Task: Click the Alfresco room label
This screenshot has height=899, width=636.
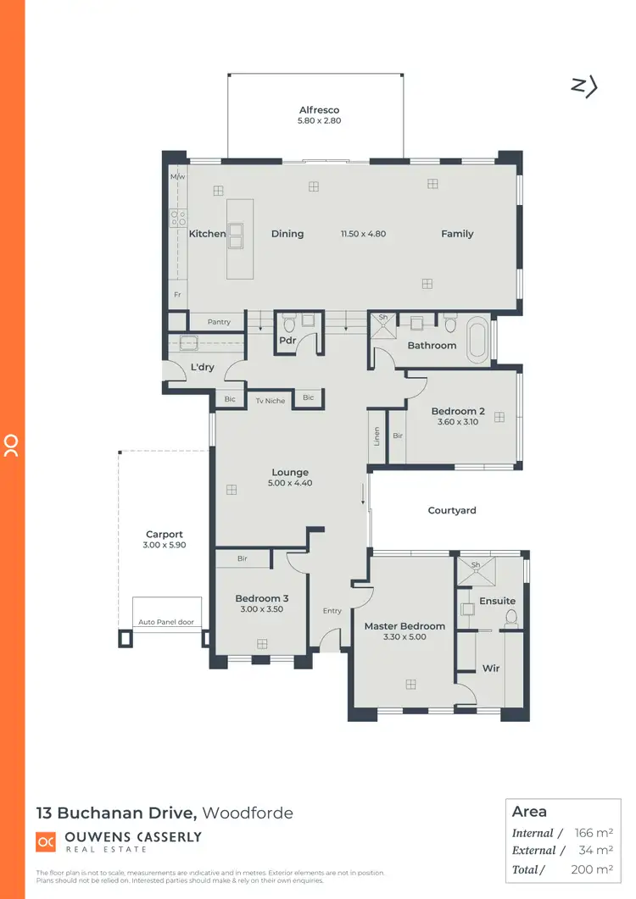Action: [x=320, y=110]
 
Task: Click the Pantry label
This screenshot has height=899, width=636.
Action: [x=219, y=322]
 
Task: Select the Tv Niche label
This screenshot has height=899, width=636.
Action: [x=271, y=401]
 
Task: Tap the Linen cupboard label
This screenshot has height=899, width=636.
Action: [x=377, y=436]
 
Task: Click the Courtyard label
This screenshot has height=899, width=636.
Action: [x=452, y=511]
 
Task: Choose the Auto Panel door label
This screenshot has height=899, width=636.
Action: [x=166, y=623]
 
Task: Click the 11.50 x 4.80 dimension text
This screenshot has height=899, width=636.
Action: [x=364, y=234]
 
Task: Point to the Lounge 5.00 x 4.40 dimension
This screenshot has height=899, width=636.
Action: [x=290, y=484]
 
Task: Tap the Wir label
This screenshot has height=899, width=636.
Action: [x=491, y=669]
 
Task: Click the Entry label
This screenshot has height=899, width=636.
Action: [x=332, y=611]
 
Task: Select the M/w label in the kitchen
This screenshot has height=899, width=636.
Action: [x=177, y=177]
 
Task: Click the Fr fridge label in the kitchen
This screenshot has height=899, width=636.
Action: [x=177, y=295]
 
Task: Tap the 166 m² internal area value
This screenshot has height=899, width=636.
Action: [x=594, y=833]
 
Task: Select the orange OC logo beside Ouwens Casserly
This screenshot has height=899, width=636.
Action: [x=46, y=841]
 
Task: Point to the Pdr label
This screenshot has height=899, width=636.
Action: [x=287, y=341]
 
